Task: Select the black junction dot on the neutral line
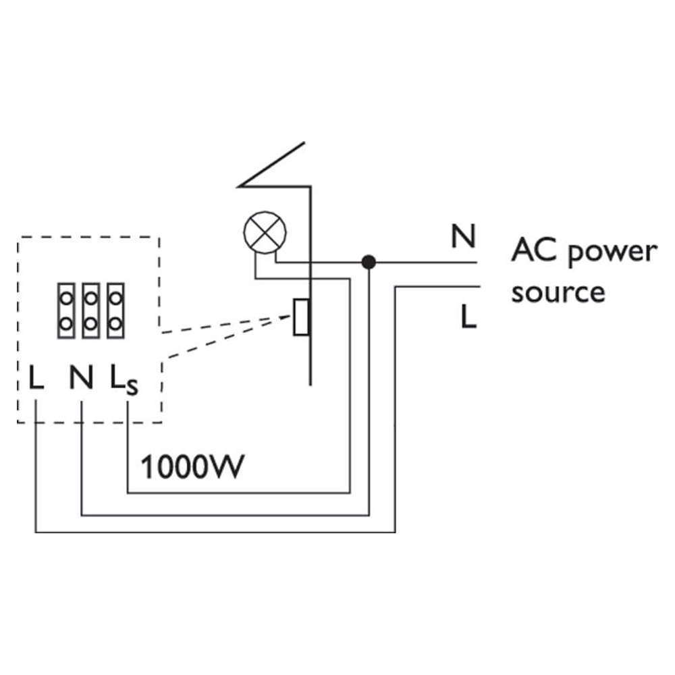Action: pos(368,261)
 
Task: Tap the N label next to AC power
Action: pos(463,237)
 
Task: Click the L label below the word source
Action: pos(468,316)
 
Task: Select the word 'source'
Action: pos(558,292)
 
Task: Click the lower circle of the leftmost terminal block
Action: pos(66,323)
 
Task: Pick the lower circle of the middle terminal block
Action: pos(90,323)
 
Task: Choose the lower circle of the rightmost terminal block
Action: pos(115,323)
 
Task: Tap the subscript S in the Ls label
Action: pos(132,389)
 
